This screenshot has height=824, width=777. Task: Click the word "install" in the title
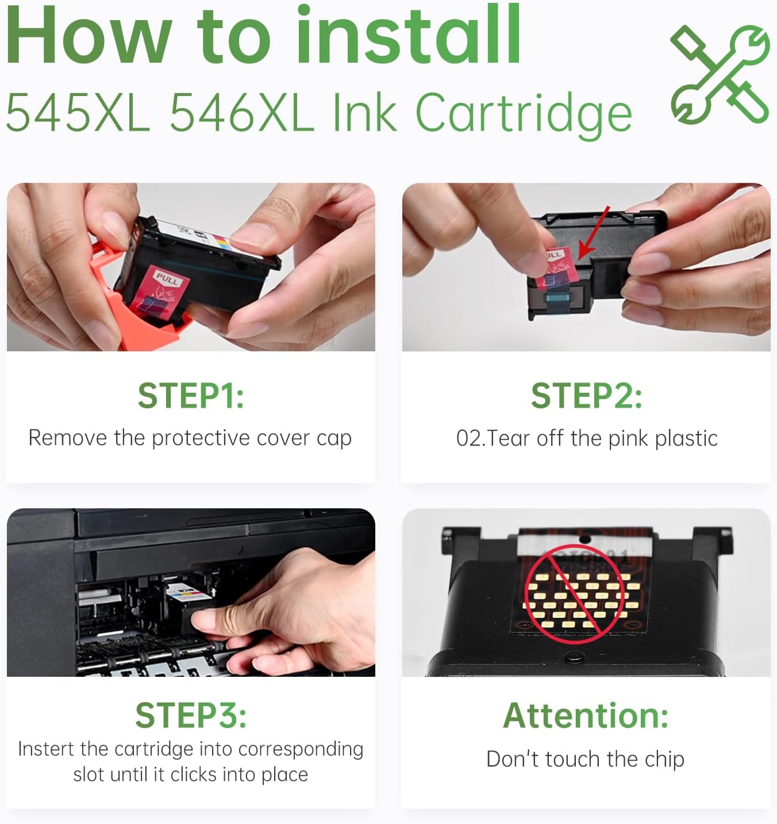coord(409,34)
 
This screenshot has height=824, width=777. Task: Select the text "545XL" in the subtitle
coord(78,113)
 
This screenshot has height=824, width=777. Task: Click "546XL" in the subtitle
coord(242,113)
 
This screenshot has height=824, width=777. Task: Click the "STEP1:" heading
coord(191,396)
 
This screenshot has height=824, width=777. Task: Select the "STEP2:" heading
coord(587,396)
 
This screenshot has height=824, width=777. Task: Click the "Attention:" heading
coord(586,715)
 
